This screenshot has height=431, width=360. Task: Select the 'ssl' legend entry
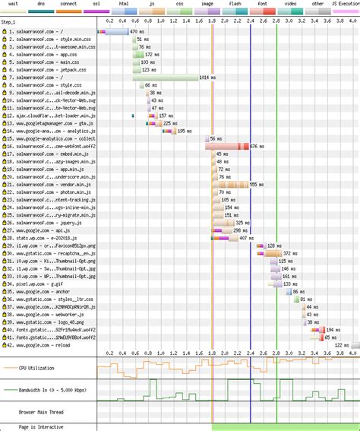95,4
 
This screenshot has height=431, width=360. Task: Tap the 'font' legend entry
262,4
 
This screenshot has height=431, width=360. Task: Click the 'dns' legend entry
40,4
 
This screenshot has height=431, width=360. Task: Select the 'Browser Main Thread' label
43,412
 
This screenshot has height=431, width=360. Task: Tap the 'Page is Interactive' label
43,426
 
